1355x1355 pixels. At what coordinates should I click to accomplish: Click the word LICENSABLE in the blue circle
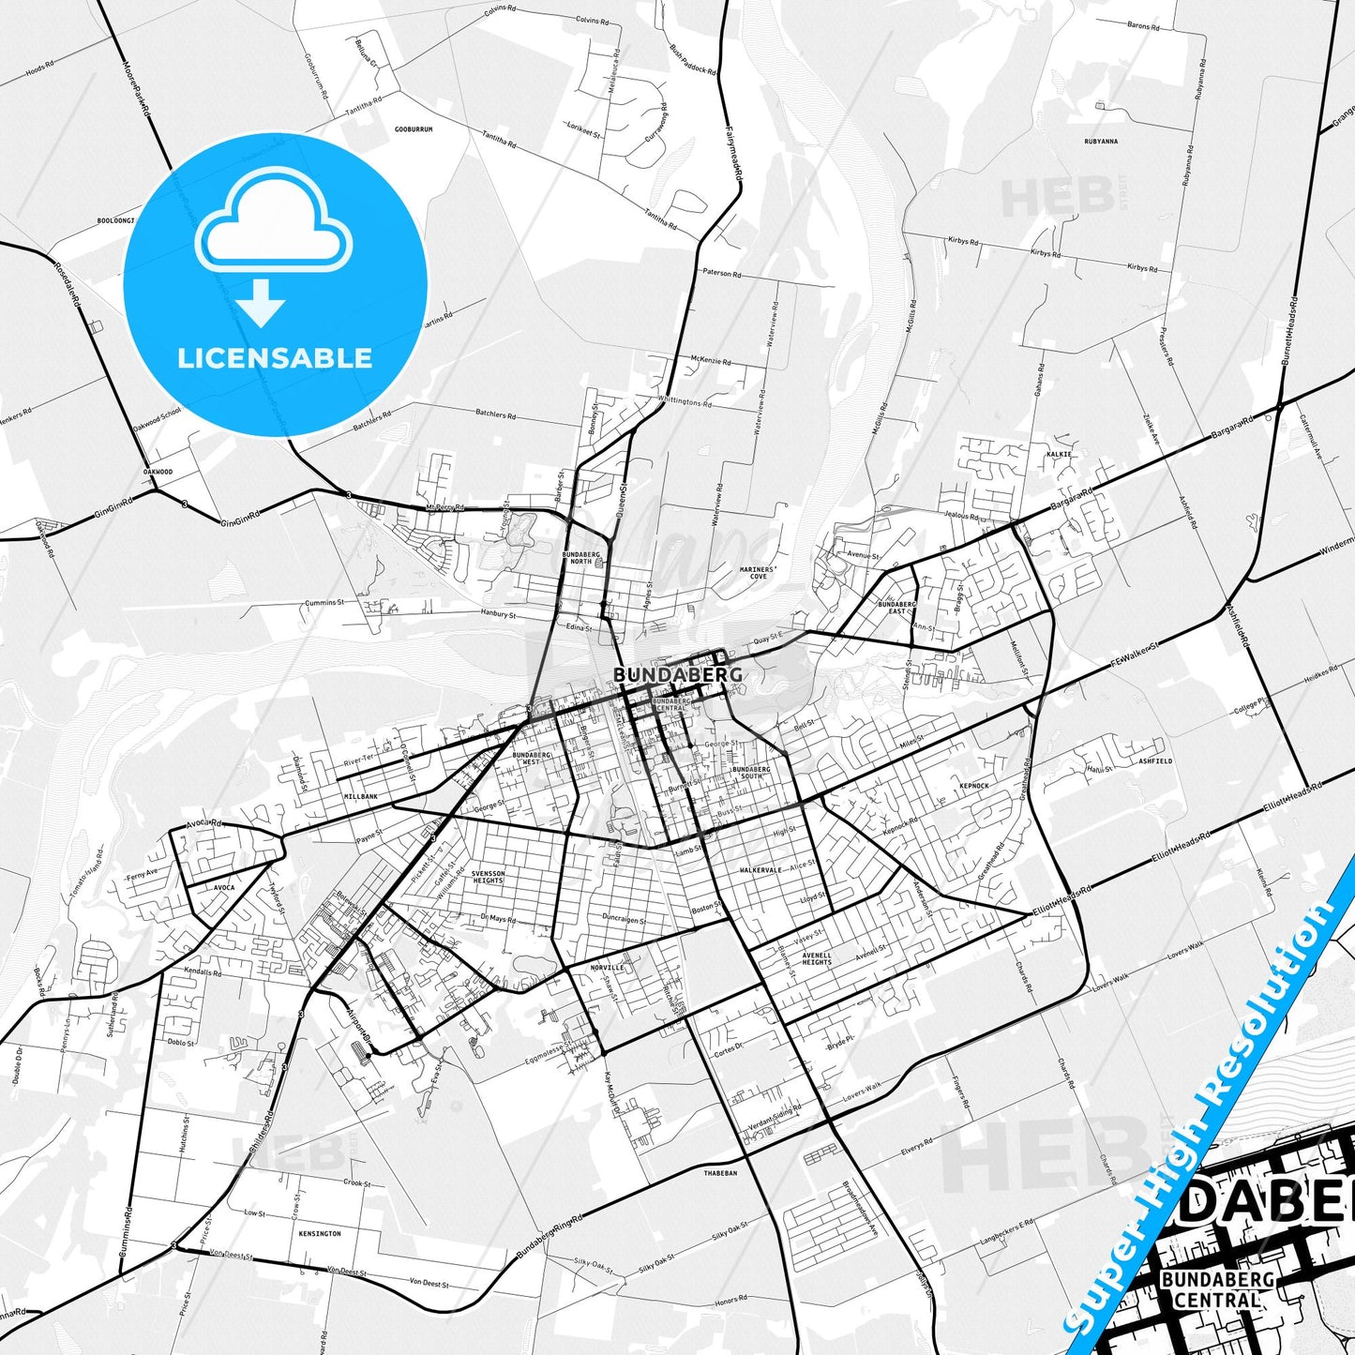275,358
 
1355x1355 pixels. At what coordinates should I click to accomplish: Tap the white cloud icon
273,223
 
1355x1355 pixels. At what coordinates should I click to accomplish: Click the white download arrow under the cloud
261,302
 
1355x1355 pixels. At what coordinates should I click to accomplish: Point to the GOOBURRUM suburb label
414,129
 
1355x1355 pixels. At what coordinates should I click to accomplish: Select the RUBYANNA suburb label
1101,142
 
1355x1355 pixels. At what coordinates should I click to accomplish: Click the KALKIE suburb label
1059,454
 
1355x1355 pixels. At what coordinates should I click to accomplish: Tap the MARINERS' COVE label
758,573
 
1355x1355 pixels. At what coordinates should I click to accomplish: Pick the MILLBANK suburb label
361,796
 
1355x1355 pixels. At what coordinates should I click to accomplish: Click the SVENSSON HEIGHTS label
488,877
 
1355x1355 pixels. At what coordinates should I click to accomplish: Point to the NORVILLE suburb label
608,968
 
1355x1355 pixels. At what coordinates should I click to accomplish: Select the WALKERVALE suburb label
760,870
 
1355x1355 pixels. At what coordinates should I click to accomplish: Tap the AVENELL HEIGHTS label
817,958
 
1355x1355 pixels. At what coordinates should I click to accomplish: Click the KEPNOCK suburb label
974,786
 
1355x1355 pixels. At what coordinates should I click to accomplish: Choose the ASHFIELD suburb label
1154,761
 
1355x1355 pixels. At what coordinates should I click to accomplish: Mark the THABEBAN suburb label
720,1173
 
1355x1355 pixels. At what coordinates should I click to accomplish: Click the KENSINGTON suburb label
321,1234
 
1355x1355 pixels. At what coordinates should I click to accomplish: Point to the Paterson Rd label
722,273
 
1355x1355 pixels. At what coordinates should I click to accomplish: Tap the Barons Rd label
1143,26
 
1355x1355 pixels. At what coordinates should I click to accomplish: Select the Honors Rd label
731,1299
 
